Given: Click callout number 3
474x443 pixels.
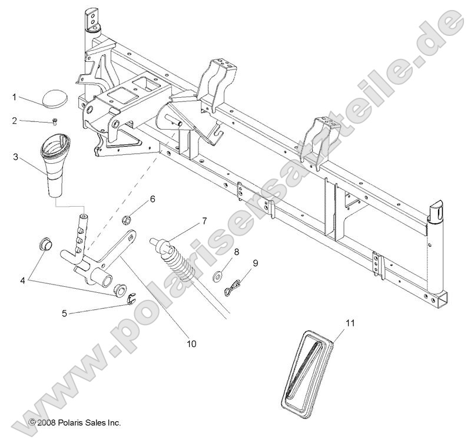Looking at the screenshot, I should pyautogui.click(x=14, y=157).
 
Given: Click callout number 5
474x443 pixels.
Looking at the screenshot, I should pyautogui.click(x=64, y=313).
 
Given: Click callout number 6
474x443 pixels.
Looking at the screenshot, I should pyautogui.click(x=152, y=199).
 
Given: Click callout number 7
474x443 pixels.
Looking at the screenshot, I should pyautogui.click(x=204, y=221).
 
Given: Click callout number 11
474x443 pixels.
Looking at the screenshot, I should pyautogui.click(x=351, y=322).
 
